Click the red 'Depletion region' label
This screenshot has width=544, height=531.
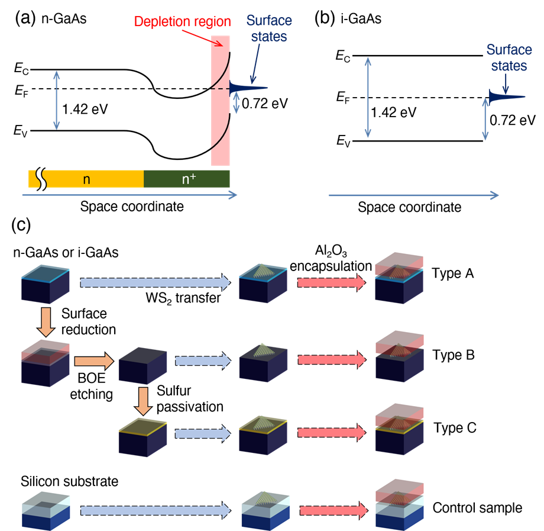click(182, 22)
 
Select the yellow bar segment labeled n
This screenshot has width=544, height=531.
click(86, 179)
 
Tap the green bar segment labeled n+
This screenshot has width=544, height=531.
click(187, 179)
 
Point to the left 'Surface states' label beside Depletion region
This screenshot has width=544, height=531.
click(269, 28)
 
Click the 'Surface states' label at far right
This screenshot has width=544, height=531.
click(509, 57)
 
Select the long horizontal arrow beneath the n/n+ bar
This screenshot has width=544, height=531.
click(129, 194)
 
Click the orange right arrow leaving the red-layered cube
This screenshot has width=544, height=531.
click(93, 361)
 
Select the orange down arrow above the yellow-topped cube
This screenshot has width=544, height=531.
click(143, 401)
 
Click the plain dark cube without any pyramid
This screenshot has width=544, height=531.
click(143, 366)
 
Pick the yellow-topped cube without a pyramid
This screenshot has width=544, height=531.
click(143, 437)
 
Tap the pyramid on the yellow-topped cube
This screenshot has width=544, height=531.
click(263, 422)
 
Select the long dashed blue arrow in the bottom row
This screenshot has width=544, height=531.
click(155, 510)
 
